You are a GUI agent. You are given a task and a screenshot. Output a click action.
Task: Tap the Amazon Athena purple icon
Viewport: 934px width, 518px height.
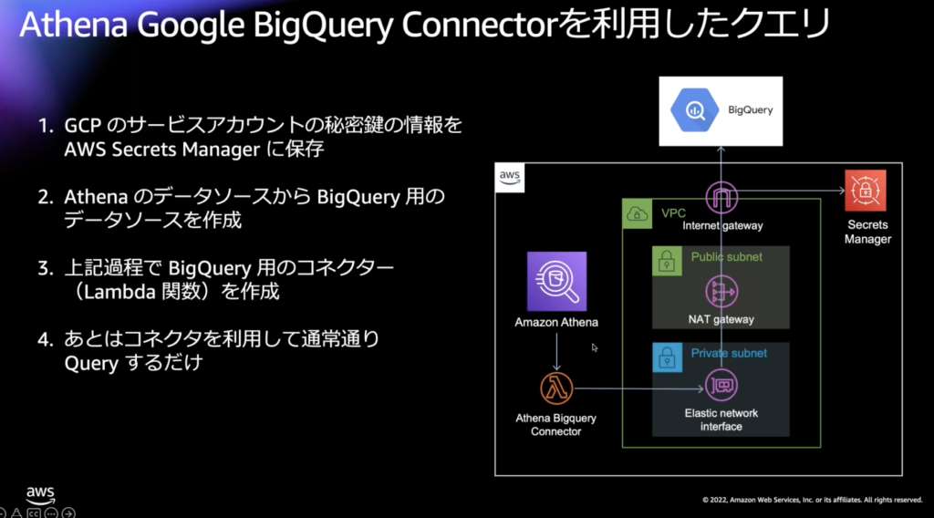coord(556,282)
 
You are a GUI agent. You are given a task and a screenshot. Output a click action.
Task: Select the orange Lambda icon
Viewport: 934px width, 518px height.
coord(555,388)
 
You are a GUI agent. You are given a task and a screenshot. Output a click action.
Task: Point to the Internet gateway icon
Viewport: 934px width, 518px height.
coord(721,195)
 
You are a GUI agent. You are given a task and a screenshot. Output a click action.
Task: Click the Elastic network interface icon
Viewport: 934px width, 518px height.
coord(721,388)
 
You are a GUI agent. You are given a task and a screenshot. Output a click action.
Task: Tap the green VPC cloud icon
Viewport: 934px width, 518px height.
coord(636,214)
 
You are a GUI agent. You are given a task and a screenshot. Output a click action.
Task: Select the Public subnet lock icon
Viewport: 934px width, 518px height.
coord(667,262)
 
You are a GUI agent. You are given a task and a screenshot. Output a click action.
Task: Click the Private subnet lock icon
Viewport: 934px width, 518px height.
coord(667,357)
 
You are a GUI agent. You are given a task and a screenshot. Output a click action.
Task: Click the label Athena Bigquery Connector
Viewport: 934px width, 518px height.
coord(555,425)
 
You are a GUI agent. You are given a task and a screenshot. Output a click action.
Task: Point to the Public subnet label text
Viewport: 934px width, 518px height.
coord(727,257)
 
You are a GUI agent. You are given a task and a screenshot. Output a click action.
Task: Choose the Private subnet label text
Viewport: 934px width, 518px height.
coord(729,353)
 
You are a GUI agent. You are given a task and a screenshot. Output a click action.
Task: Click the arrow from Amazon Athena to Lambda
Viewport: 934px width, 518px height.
coord(556,351)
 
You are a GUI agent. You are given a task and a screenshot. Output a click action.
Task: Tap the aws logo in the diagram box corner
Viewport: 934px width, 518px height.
coord(510,177)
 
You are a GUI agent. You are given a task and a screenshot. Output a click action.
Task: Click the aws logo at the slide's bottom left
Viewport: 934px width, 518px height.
coord(40,493)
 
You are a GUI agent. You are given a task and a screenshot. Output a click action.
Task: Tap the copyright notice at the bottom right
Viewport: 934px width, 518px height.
coord(812,500)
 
